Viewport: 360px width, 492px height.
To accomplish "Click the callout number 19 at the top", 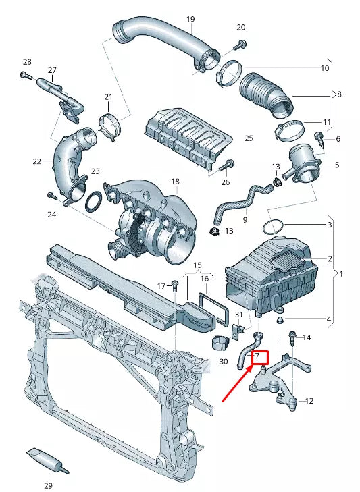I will pos(190,19).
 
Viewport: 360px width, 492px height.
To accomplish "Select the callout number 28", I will pos(27,61).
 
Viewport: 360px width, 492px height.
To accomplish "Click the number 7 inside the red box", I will pos(257,356).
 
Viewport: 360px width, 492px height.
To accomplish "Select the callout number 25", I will pos(248,138).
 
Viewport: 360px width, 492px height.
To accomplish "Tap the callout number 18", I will pos(175,182).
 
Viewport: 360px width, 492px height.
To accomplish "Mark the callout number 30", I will pos(224,361).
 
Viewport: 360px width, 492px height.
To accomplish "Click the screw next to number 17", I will pos(174,286).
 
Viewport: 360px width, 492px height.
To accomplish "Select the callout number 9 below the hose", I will pos(245,219).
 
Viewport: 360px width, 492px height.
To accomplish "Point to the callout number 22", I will pos(36,161).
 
